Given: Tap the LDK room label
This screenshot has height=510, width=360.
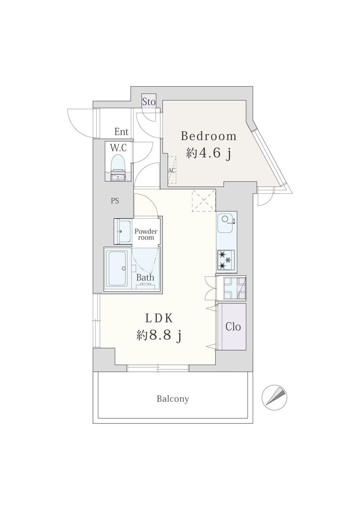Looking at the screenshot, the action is click(x=159, y=318).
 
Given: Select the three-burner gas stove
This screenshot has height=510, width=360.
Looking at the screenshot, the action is click(x=226, y=260).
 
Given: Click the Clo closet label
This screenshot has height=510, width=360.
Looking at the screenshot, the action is click(x=233, y=327).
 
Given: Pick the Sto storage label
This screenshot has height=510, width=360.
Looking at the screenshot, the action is click(x=149, y=102).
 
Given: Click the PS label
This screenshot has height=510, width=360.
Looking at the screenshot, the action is click(x=115, y=201).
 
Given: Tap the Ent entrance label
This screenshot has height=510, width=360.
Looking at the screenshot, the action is click(x=121, y=132).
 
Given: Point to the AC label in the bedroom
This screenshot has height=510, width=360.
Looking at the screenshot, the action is click(x=172, y=170).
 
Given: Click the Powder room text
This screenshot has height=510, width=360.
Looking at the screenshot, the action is click(x=146, y=234).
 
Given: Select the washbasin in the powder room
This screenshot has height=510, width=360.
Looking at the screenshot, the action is click(x=123, y=231).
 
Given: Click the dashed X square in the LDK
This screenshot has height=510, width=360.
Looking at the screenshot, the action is click(x=204, y=201).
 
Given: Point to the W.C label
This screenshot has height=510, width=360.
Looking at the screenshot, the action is click(x=119, y=148).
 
